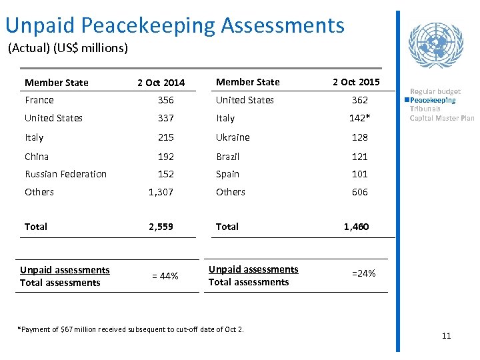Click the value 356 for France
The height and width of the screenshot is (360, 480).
point(165,100)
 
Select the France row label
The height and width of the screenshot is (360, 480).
point(39,100)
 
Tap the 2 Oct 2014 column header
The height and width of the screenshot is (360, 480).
point(161,83)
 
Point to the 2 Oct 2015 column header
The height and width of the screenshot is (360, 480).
point(356,82)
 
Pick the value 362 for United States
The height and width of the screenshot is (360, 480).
point(360,100)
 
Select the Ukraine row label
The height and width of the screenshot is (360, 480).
point(233,137)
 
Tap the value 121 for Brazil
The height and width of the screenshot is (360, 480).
point(360,157)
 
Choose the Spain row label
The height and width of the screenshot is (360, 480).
point(227,174)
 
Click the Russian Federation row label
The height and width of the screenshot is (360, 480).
point(65,174)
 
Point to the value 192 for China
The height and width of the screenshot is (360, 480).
point(165,157)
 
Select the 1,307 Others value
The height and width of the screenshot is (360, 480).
point(161,192)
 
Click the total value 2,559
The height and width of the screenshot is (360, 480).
point(161,227)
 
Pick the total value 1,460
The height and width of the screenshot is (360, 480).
point(356,227)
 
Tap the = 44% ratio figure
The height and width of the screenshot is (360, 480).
point(165,276)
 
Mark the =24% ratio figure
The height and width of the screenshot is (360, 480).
point(363,273)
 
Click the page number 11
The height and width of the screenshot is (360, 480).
point(446,335)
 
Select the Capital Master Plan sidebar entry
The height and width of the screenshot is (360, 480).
point(441,118)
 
